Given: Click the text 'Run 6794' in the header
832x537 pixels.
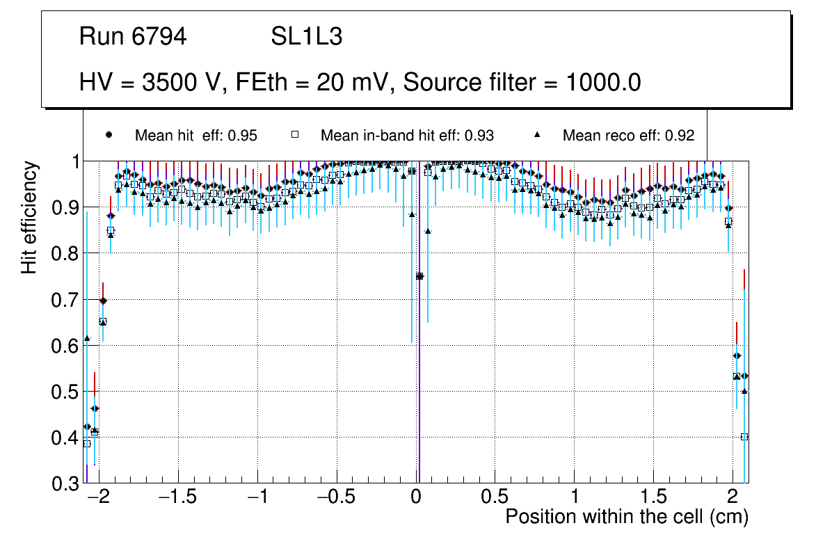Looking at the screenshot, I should click(x=133, y=37).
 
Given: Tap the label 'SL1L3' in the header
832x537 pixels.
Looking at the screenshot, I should click(x=306, y=37).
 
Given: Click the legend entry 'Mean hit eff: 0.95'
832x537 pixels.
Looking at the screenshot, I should click(x=196, y=136).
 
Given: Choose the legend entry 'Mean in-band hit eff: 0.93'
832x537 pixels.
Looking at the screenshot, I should click(x=407, y=136).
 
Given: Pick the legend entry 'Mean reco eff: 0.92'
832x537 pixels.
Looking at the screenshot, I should click(x=628, y=136).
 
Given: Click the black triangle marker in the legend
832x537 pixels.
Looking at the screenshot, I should click(x=538, y=134).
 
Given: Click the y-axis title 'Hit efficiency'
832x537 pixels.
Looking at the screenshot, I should click(x=29, y=217).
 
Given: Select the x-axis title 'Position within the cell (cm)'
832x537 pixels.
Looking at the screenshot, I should click(x=627, y=517).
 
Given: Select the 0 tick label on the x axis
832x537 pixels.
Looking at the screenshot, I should click(x=416, y=498).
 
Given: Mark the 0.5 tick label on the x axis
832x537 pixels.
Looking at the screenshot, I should click(x=495, y=498).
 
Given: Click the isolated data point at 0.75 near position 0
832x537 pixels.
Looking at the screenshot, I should click(x=419, y=276).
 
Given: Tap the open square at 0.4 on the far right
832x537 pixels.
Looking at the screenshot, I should click(x=744, y=437).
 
